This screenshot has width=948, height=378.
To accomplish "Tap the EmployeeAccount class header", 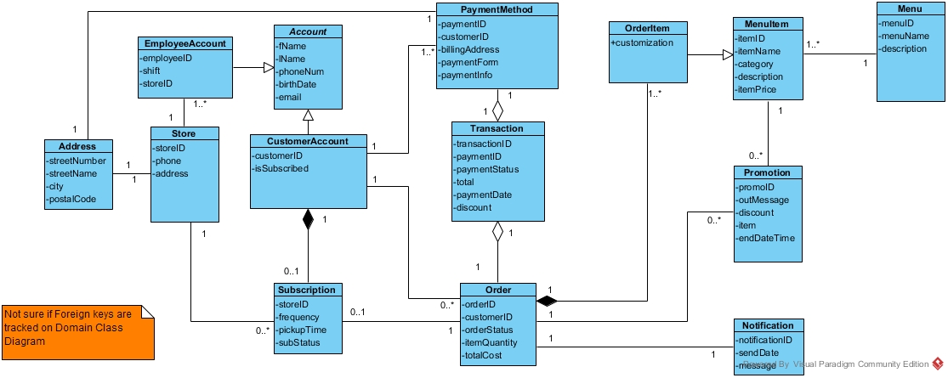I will click(x=184, y=42).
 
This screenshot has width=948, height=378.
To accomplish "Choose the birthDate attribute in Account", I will click(x=298, y=84).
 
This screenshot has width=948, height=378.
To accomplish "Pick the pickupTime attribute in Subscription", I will click(x=302, y=329).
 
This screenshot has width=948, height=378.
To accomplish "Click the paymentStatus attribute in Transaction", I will click(x=487, y=169).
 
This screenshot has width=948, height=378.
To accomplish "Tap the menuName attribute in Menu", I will click(x=904, y=36).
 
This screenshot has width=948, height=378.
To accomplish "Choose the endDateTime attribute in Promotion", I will click(x=765, y=238).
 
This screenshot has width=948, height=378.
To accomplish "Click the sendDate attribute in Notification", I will click(x=758, y=352).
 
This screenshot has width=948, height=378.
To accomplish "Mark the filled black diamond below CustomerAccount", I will click(x=308, y=221).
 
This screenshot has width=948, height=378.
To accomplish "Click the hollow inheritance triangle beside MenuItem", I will click(x=727, y=56).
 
